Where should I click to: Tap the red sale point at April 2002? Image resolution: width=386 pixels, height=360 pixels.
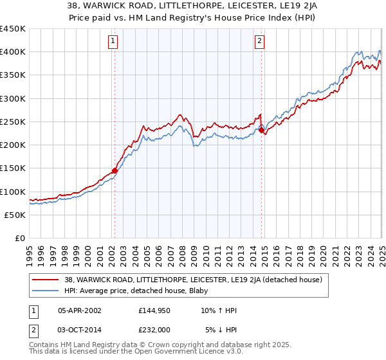pyautogui.click(x=115, y=170)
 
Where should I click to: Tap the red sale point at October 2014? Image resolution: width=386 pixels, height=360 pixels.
pyautogui.click(x=262, y=130)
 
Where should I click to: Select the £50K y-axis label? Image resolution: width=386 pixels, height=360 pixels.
pyautogui.click(x=15, y=215)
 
